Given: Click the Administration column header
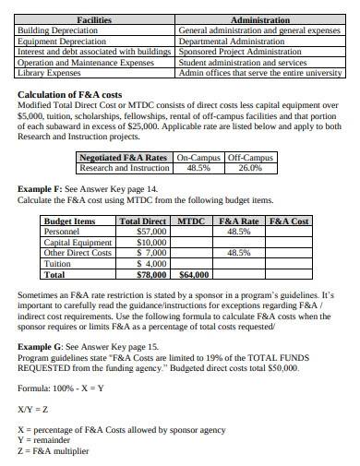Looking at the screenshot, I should click(x=260, y=19).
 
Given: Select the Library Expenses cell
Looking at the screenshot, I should click(x=50, y=72).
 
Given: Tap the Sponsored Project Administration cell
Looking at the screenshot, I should click(x=237, y=51).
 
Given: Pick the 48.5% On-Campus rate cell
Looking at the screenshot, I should click(x=198, y=169).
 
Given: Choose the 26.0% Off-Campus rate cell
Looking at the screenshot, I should click(x=249, y=169).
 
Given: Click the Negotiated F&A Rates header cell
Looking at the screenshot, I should click(x=124, y=158).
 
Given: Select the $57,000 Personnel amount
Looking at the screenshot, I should click(x=150, y=232).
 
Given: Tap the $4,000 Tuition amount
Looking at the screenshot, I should click(x=150, y=264).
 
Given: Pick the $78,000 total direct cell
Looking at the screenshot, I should click(x=151, y=274).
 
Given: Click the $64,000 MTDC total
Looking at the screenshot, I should click(x=193, y=274).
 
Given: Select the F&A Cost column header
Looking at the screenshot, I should click(x=288, y=221).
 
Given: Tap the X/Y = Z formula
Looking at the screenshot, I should click(x=33, y=409).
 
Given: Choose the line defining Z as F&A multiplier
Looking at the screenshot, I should click(x=54, y=451).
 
